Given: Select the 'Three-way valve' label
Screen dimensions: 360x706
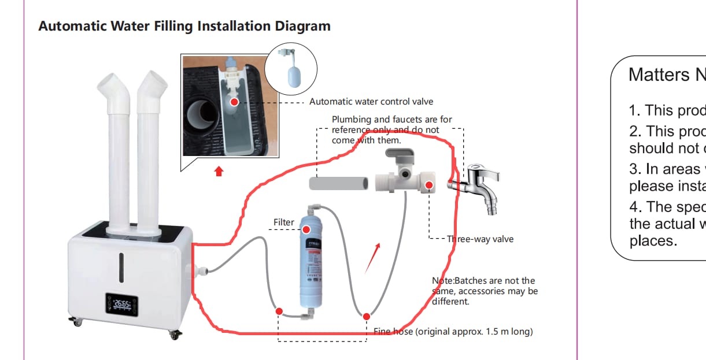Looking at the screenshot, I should pyautogui.click(x=480, y=239).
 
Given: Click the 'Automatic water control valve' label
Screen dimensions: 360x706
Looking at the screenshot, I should pyautogui.click(x=371, y=102).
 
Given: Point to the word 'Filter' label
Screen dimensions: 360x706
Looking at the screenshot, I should pyautogui.click(x=284, y=222).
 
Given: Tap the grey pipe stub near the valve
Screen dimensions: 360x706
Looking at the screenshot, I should pyautogui.click(x=339, y=184).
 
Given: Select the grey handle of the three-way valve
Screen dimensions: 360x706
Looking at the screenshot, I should pyautogui.click(x=398, y=155).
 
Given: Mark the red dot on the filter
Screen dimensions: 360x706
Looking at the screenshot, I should pyautogui.click(x=306, y=229).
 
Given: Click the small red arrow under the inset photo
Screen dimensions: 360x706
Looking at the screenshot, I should pyautogui.click(x=219, y=171).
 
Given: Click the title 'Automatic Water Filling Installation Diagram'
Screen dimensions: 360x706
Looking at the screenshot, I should pyautogui.click(x=184, y=26).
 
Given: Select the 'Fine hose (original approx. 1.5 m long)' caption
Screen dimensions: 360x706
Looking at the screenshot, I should pyautogui.click(x=453, y=332).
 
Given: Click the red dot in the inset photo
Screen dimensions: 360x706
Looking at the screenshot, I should pyautogui.click(x=234, y=102).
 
